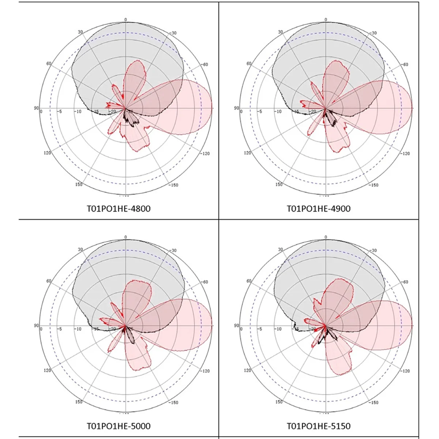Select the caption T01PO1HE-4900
(x=318, y=209)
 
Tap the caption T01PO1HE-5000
(x=118, y=426)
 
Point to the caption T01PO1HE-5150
(x=318, y=426)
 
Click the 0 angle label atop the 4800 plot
(x=125, y=20)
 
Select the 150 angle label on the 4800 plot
(x=79, y=184)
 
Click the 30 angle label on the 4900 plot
(x=281, y=32)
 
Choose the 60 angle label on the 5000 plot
(x=49, y=281)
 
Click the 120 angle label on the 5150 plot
(x=248, y=370)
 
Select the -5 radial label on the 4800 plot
(x=60, y=111)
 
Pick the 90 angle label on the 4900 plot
(x=236, y=108)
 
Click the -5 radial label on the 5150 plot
(x=259, y=329)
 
